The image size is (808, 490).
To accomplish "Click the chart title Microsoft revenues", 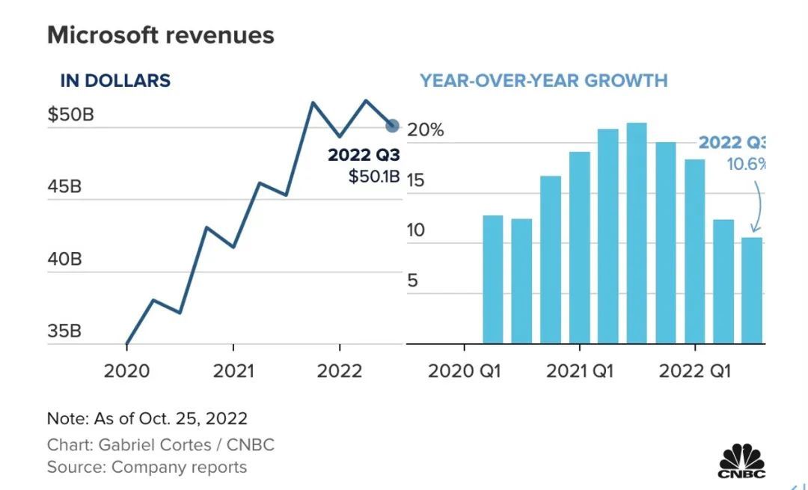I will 160,35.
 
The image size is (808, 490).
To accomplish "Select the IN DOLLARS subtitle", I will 115,81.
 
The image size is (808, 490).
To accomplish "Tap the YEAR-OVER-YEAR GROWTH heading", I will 543,81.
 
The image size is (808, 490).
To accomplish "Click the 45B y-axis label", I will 64,187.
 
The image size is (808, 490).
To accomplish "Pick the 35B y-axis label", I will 64,331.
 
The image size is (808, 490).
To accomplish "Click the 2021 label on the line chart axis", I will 233,371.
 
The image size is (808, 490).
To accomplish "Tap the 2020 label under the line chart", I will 126,371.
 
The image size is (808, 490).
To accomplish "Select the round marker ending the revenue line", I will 393,126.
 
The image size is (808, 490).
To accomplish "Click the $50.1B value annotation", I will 374,177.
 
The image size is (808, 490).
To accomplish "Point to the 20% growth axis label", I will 426,130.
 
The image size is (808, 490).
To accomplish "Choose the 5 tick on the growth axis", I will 414,282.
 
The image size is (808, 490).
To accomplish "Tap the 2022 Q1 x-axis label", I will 694,371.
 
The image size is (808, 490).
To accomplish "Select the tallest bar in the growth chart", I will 637,233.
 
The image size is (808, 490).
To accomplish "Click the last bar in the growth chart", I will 752,291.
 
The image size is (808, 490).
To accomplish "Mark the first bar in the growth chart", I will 493,280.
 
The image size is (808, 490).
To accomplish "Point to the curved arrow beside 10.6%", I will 758,206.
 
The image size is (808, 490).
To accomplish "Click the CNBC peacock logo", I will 741,459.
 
